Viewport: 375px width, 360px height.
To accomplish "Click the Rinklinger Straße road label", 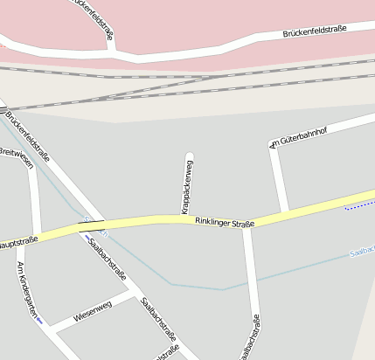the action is click(225, 223).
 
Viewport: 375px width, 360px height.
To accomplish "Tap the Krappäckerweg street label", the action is click(187, 184).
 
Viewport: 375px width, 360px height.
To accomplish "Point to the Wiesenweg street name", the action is click(93, 310).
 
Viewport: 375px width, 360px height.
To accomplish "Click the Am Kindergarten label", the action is click(27, 289).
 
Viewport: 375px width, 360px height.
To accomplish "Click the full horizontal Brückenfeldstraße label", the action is click(315, 31).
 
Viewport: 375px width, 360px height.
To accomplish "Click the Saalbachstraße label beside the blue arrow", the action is click(108, 259).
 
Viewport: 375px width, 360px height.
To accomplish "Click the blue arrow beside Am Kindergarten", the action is click(39, 319).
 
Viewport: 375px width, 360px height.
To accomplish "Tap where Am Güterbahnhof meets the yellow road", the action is click(285, 211).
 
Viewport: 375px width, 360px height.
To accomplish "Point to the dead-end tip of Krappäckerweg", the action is click(189, 156).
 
